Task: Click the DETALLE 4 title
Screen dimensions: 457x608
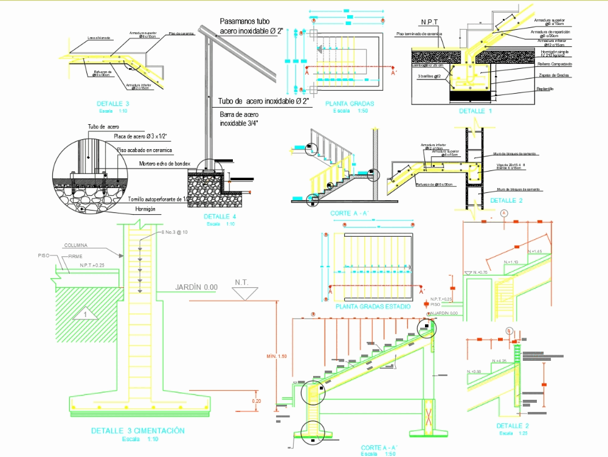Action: [x=221, y=217]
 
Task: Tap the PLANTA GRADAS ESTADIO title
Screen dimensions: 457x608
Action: [x=373, y=307]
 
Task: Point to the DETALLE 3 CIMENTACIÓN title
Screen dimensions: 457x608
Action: [x=137, y=431]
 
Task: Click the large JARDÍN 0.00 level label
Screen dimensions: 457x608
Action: [x=196, y=287]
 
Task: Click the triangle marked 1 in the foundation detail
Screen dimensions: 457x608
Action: [x=86, y=314]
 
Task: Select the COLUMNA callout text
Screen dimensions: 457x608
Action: [x=75, y=245]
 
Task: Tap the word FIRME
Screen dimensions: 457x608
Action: [x=75, y=256]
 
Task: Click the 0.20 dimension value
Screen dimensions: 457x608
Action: [x=257, y=401]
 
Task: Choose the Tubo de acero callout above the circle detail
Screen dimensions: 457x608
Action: [x=103, y=127]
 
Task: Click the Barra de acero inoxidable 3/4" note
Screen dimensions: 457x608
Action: [x=240, y=119]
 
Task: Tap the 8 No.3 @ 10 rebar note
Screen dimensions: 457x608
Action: [x=175, y=232]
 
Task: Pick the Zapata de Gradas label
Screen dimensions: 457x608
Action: [x=553, y=75]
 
